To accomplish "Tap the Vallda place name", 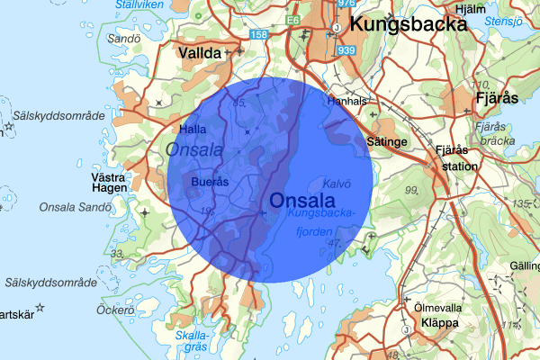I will coord(200,54).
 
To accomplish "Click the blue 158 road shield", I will coord(259,34).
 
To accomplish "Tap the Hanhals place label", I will coord(346,102).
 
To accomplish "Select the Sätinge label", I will coord(388,141).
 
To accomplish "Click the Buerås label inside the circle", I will coord(211,182).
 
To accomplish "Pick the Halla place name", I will coord(195,130).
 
